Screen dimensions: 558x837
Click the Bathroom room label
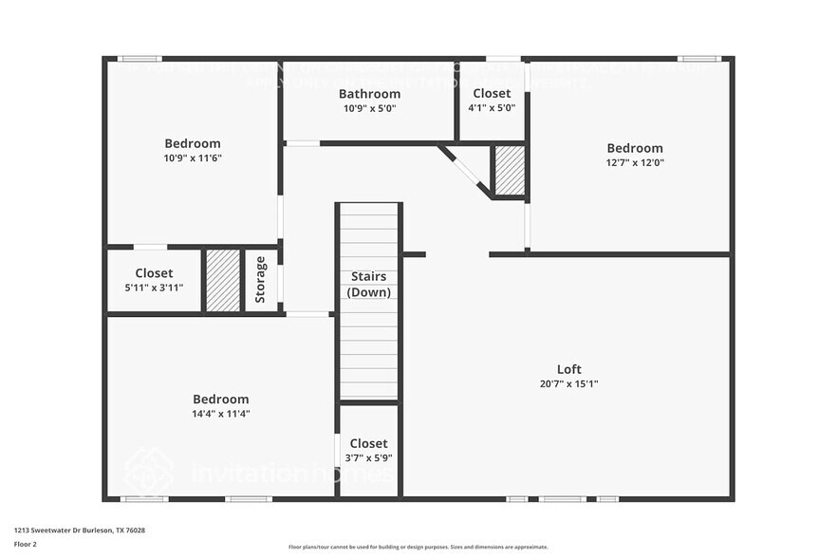369,94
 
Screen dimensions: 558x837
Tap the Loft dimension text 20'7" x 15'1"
569,384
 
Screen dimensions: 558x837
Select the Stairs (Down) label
368,284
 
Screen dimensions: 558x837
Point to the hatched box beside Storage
223,280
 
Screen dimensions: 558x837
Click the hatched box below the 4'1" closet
510,170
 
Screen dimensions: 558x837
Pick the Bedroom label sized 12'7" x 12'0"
635,148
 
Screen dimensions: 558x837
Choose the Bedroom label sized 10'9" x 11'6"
192,143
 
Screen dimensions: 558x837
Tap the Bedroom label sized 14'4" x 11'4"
220,400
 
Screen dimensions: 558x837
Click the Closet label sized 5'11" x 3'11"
154,273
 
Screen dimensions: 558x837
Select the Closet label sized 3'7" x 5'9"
368,443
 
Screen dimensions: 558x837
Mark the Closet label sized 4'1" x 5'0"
491,93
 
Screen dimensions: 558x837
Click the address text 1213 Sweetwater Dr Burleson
79,530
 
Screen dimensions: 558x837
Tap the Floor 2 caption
25,544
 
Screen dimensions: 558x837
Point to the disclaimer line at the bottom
418,548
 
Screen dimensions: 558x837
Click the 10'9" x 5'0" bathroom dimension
369,108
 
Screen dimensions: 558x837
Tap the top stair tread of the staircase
369,209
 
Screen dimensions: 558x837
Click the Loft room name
569,369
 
